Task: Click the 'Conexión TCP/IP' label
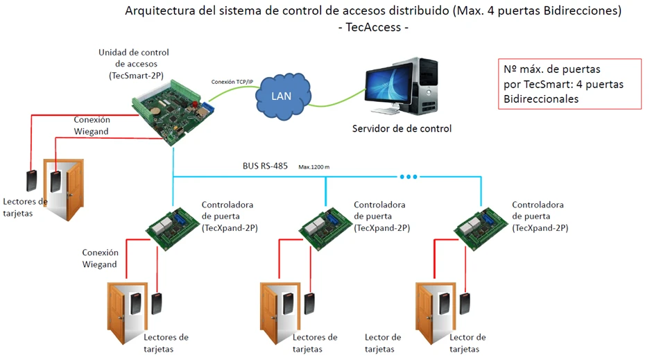pos(232,82)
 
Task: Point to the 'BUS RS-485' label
pos(264,166)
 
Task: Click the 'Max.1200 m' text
pos(314,167)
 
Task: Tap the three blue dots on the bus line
pos(409,177)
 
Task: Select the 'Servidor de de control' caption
pos(402,128)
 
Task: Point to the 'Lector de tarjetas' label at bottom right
pos(467,343)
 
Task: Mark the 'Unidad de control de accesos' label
pos(134,63)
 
